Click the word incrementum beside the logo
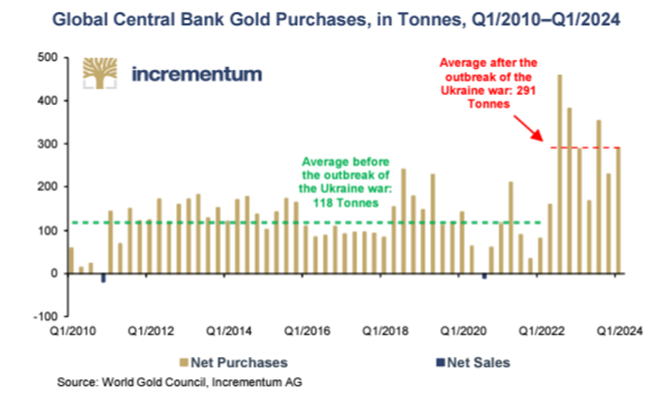click(x=197, y=74)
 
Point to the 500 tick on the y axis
click(x=49, y=58)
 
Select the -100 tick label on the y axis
click(x=46, y=316)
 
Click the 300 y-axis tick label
click(x=49, y=144)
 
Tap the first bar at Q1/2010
click(x=71, y=260)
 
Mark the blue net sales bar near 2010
click(x=104, y=277)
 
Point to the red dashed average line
click(x=587, y=148)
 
